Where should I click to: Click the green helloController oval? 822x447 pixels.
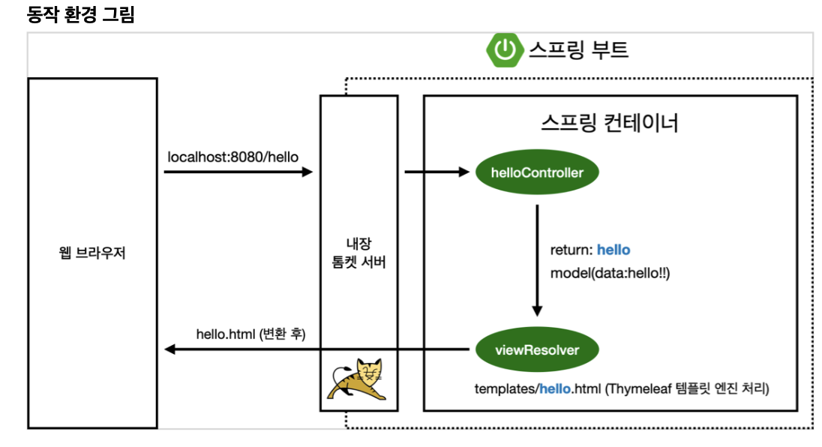click(537, 172)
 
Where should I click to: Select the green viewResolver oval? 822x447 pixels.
click(537, 349)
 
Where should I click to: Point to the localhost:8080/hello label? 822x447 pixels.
click(232, 157)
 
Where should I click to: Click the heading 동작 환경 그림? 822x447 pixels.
click(80, 14)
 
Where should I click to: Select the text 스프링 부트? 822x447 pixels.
click(578, 50)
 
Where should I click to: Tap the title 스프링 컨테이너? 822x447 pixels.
click(609, 122)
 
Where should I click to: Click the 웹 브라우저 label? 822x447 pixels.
click(92, 253)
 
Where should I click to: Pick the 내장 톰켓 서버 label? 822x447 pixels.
click(358, 253)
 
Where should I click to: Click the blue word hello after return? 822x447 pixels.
click(613, 250)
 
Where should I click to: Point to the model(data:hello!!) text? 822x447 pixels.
click(610, 273)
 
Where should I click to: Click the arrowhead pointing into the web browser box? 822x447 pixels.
click(169, 349)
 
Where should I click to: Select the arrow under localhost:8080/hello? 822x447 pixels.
click(237, 172)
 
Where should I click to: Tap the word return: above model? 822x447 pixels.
click(571, 250)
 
